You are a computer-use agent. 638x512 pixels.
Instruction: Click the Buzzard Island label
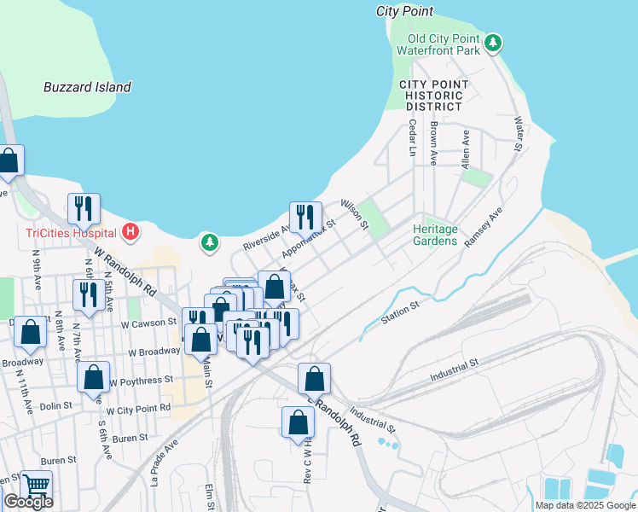87,87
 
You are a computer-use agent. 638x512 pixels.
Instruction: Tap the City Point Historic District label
434,96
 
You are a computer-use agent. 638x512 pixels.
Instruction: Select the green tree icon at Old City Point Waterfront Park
492,43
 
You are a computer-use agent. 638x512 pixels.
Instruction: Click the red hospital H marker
130,230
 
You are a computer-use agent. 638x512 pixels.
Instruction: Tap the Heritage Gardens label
435,236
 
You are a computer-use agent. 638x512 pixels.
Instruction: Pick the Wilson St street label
353,214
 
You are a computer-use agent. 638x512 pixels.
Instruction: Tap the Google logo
27,502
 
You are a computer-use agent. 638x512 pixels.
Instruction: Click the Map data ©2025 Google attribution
584,505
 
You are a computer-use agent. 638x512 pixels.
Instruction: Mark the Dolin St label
55,407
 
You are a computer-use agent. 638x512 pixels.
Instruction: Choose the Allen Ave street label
466,148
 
